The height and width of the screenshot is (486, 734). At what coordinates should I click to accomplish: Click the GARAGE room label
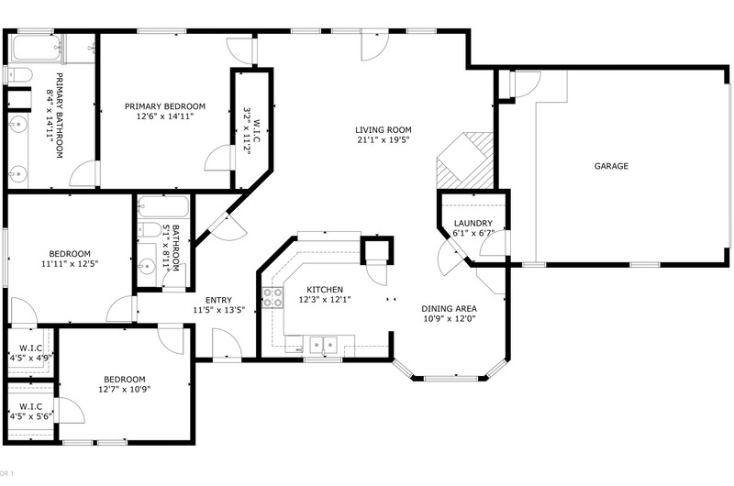[x=611, y=166]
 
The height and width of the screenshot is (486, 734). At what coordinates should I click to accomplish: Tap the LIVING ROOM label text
[x=383, y=130]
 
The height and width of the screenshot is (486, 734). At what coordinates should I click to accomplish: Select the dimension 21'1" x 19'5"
[x=383, y=140]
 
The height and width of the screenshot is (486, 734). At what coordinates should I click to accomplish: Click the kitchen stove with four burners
[x=272, y=297]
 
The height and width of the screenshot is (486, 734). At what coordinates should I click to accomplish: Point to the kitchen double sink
[x=324, y=345]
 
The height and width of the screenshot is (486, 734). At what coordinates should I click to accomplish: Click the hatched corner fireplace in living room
[x=464, y=160]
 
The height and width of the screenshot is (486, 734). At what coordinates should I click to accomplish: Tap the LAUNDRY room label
[x=473, y=223]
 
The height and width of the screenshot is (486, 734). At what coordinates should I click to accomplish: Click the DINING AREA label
[x=449, y=309]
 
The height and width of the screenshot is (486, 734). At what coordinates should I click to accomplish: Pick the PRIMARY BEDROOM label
[x=165, y=106]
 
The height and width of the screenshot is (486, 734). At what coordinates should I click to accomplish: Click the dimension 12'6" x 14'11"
[x=165, y=116]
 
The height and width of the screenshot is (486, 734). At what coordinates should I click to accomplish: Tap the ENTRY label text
[x=218, y=300]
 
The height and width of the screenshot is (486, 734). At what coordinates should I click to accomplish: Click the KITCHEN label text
[x=325, y=290]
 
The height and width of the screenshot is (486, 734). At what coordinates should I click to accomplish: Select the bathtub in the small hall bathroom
[x=163, y=206]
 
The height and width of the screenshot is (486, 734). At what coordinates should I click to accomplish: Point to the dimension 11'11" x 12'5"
[x=70, y=264]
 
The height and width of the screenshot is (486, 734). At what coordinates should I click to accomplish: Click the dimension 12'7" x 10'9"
[x=125, y=389]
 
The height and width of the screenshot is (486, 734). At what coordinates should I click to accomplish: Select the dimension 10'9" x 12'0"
[x=449, y=319]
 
